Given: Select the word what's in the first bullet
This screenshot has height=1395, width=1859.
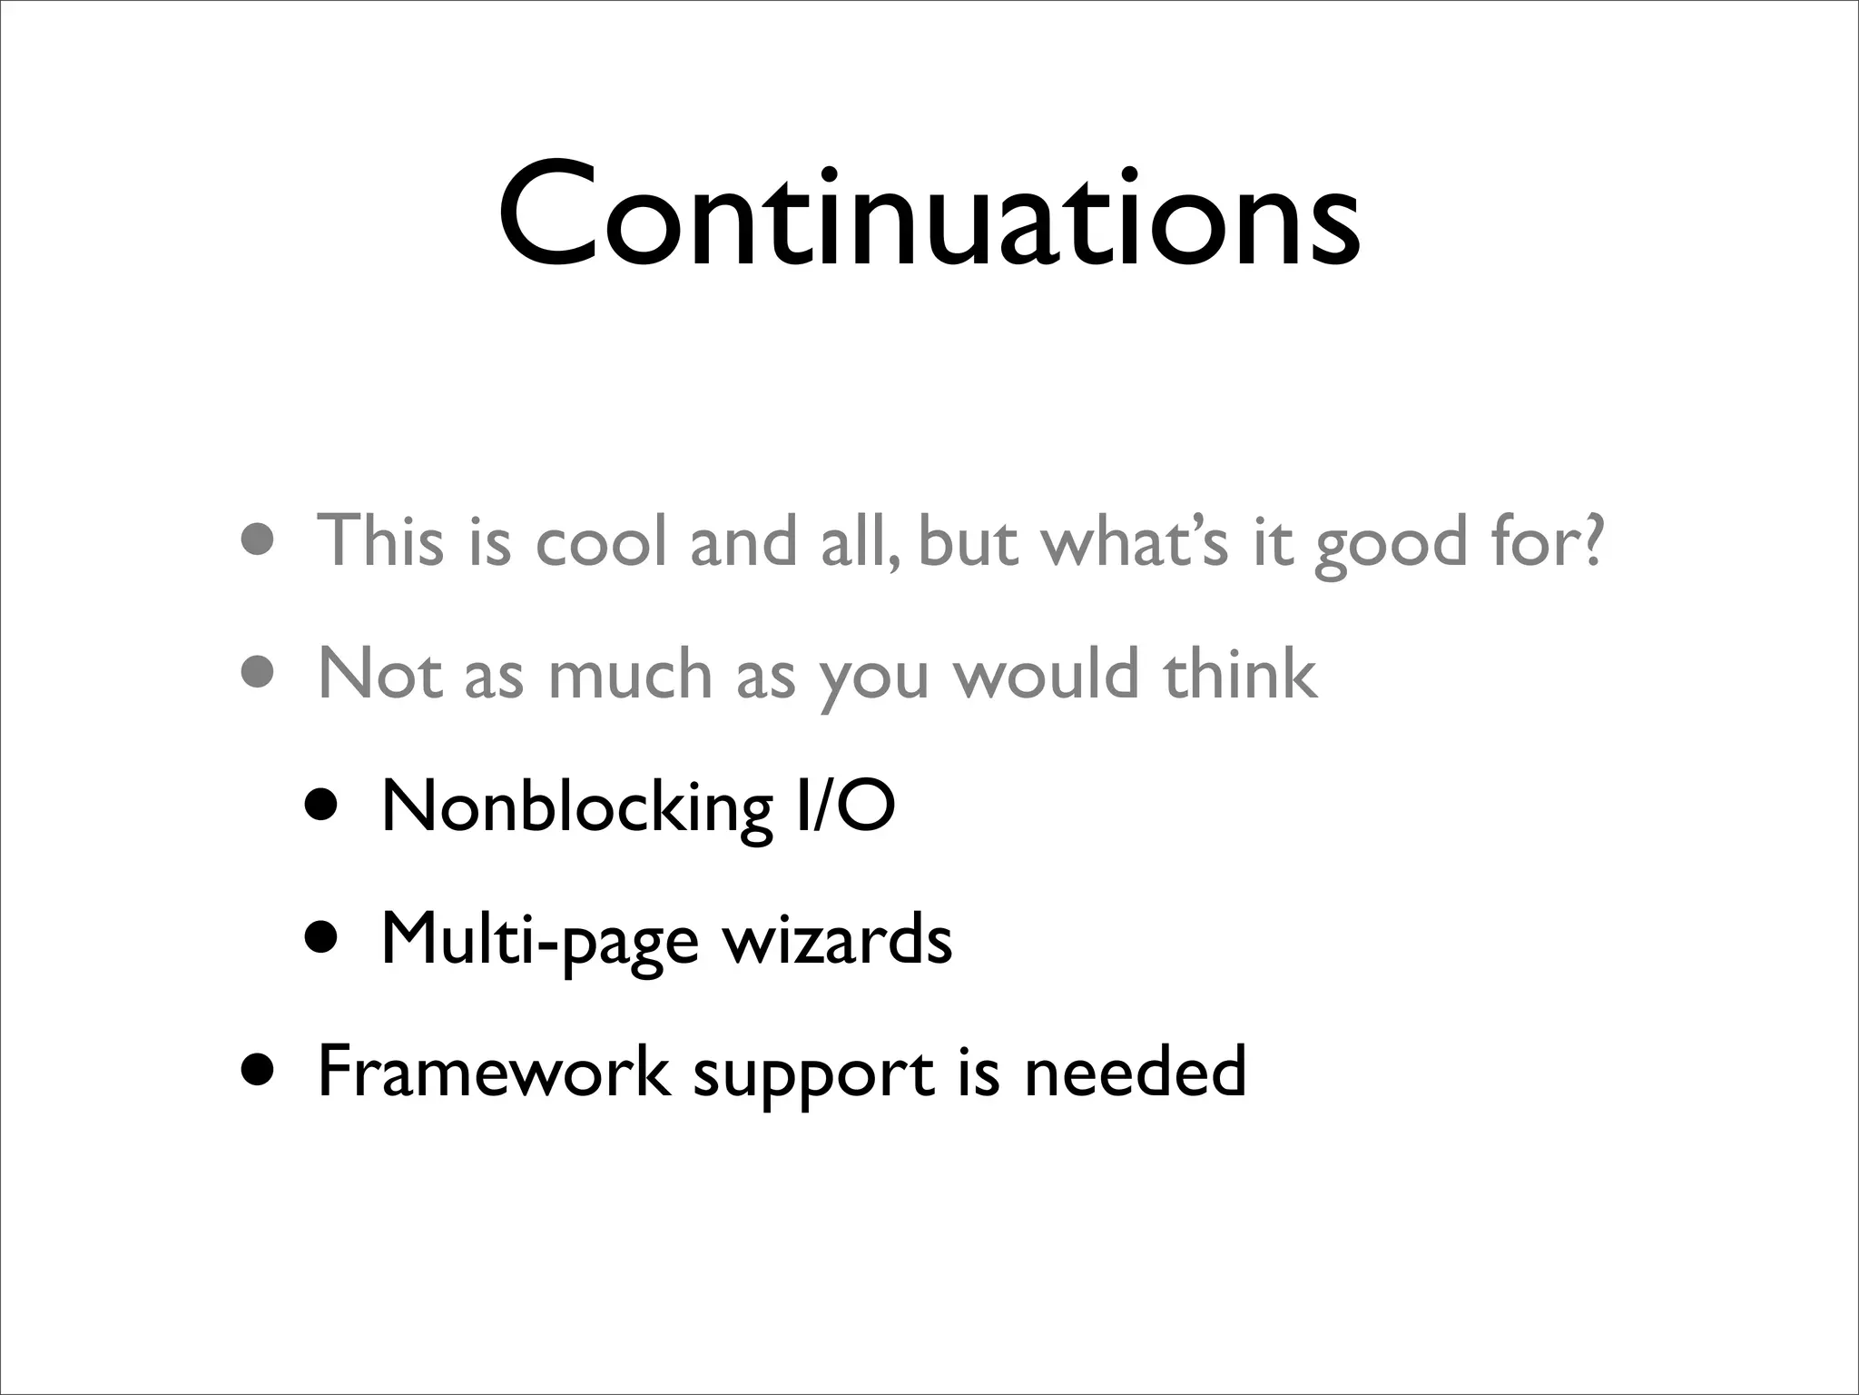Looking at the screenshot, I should pos(1134,542).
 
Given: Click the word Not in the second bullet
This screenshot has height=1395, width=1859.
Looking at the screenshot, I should pos(380,674).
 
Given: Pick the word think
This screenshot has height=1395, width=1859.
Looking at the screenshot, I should pos(1239,674).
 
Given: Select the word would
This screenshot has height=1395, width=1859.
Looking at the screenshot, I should pos(1046,674).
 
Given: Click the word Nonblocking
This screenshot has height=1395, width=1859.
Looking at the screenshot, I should pos(577,806).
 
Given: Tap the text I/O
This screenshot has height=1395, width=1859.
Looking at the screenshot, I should pos(844,806).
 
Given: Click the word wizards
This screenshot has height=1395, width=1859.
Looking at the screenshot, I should pos(837,938).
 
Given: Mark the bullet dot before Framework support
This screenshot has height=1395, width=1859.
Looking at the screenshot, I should pos(258,1071).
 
